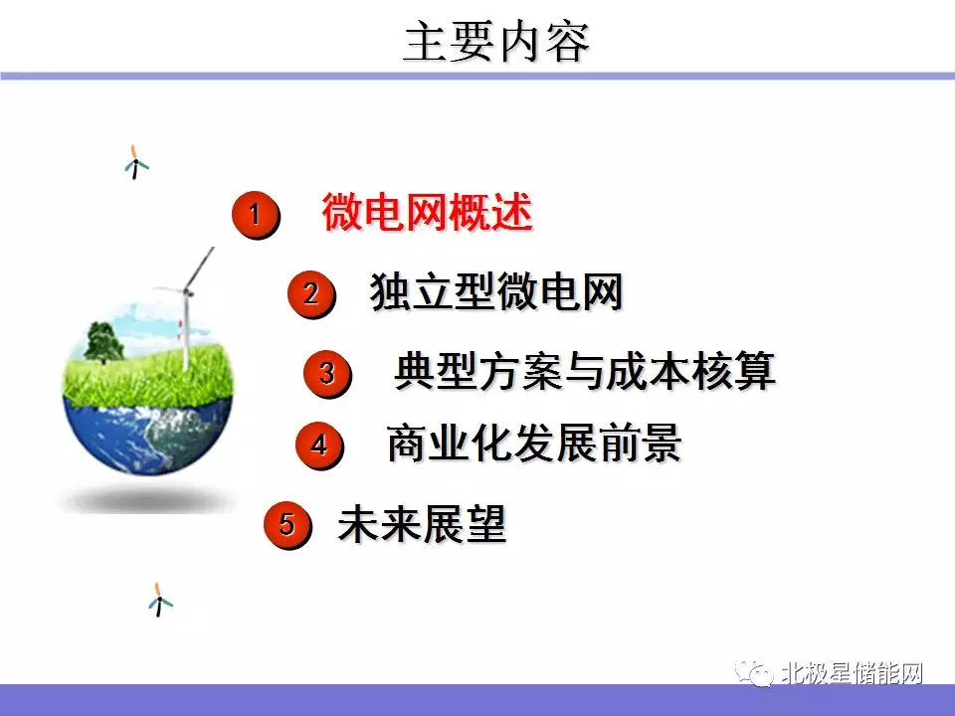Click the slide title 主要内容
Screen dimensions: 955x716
tap(496, 42)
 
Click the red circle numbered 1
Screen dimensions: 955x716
tap(256, 215)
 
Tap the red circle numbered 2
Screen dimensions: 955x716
tap(311, 294)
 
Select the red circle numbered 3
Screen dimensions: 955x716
tap(327, 373)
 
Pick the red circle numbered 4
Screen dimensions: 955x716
tap(319, 446)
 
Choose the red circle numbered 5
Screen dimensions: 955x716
tap(286, 524)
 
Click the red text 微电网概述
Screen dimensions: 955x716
tap(428, 212)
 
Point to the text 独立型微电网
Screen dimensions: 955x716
tap(496, 291)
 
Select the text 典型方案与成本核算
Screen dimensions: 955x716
tap(585, 371)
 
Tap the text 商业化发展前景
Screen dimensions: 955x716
tap(534, 443)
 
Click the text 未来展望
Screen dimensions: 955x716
tap(422, 524)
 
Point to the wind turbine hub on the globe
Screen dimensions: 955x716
tap(187, 292)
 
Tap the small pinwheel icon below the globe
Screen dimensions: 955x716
tap(159, 600)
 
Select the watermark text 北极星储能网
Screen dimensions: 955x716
tap(853, 673)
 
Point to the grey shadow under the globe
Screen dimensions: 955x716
tap(147, 500)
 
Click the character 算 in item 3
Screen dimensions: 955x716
tap(755, 371)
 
